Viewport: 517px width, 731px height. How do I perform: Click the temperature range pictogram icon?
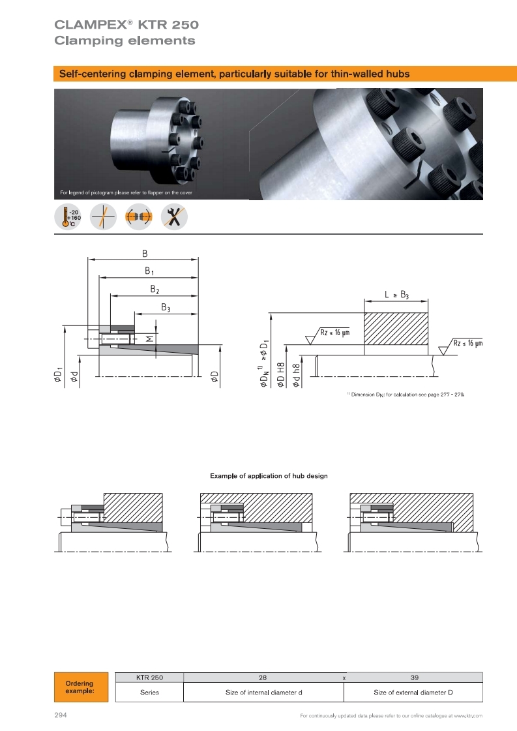68,216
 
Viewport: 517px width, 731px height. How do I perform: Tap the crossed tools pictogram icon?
174,216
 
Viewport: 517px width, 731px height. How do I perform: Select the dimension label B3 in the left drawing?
166,307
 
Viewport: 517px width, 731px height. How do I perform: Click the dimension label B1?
149,271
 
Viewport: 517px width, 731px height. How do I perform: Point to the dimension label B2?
155,290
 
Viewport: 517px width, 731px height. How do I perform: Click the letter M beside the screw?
150,338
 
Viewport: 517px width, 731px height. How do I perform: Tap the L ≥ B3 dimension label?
397,295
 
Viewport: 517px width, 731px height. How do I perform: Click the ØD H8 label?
280,375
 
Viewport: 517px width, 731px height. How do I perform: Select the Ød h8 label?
295,376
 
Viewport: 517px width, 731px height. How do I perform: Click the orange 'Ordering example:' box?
81,687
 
